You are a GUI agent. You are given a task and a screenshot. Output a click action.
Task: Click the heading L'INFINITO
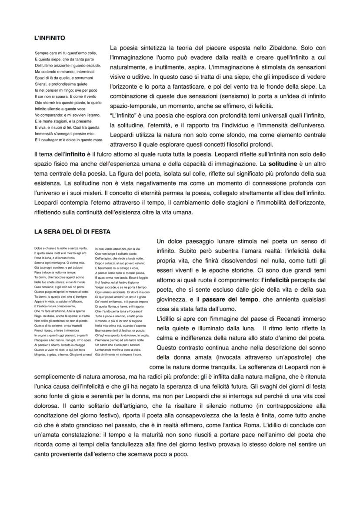point(50,38)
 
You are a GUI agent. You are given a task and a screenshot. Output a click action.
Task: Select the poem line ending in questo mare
point(69,140)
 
